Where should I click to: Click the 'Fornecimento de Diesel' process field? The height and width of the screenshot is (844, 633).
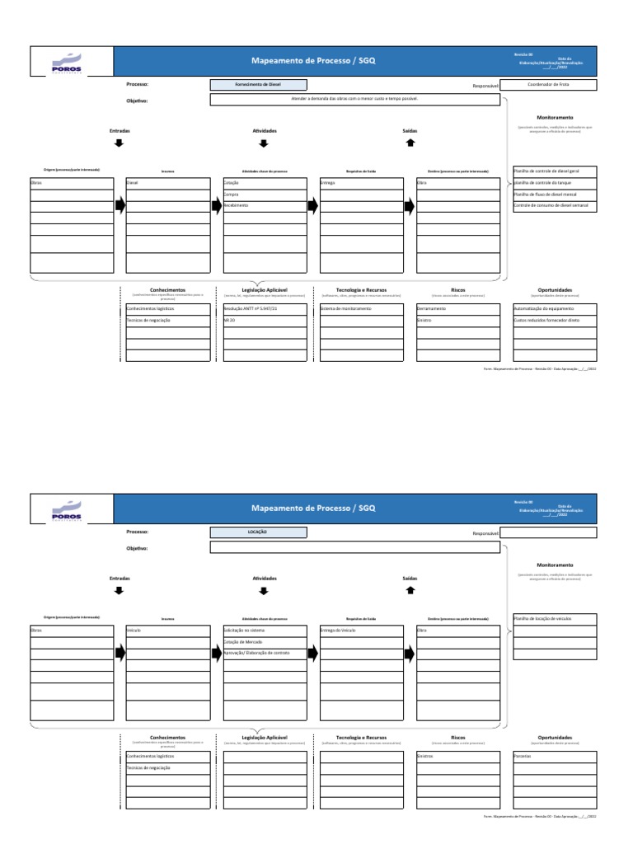click(x=258, y=84)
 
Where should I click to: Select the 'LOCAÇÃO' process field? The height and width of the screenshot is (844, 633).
click(x=258, y=532)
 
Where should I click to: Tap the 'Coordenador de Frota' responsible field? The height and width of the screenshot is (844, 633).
click(x=548, y=84)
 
